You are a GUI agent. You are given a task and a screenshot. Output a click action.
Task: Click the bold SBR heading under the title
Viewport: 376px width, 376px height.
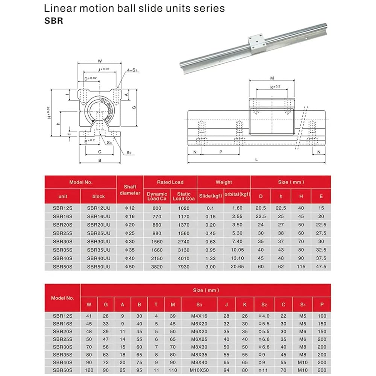pyautogui.click(x=54, y=21)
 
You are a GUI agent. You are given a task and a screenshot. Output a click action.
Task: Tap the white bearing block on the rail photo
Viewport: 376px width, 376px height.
pyautogui.click(x=256, y=43)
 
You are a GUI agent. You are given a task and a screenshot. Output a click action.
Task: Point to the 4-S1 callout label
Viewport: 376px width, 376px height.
pyautogui.click(x=132, y=70)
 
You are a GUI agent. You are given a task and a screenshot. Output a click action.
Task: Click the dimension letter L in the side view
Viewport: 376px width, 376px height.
pyautogui.click(x=256, y=159)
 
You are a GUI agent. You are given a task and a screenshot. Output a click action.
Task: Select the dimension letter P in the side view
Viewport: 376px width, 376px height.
pyautogui.click(x=221, y=152)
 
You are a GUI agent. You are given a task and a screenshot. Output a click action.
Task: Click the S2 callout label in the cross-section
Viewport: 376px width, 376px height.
pyautogui.click(x=129, y=153)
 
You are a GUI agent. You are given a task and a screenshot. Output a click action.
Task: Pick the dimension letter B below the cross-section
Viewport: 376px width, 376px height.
pyautogui.click(x=100, y=161)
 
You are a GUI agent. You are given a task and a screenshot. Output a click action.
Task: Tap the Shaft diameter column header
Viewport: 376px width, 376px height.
pyautogui.click(x=130, y=190)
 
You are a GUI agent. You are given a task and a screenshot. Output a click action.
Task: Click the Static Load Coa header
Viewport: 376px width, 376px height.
pyautogui.click(x=184, y=196)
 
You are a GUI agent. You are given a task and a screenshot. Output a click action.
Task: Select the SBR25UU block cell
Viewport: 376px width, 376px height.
pyautogui.click(x=99, y=233)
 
